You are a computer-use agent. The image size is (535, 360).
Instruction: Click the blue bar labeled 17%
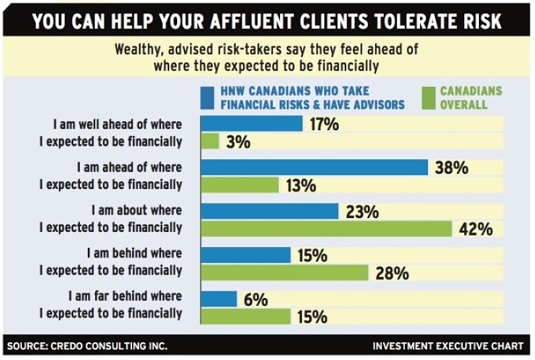251,124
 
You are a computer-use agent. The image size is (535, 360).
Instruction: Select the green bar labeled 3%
209,141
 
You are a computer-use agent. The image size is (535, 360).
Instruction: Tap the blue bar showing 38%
314,167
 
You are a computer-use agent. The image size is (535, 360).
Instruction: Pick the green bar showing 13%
239,185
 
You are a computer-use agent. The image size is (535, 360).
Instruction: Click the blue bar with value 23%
269,211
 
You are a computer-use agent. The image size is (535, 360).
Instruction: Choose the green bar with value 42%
326,229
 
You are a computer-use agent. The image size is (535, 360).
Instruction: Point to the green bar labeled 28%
284,272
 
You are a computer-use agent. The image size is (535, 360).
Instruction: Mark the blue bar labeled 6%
219,299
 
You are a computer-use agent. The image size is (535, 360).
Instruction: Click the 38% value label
451,168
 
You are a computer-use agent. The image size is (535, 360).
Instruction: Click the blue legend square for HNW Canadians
207,97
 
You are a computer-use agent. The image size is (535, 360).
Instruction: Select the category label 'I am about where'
137,210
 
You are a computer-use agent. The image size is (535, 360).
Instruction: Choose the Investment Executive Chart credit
448,345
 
